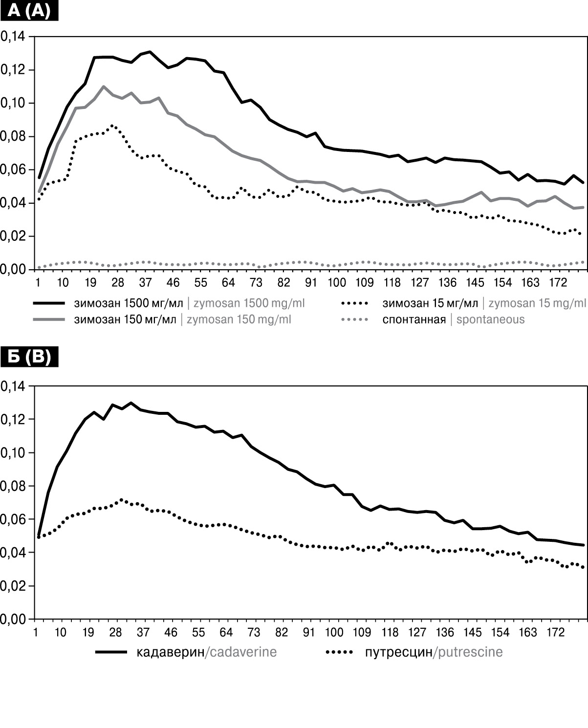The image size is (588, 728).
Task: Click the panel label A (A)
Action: click(x=29, y=10)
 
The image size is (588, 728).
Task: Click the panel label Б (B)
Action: click(x=29, y=357)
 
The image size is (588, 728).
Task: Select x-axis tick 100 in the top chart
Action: click(x=336, y=282)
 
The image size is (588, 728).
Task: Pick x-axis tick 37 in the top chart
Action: click(x=145, y=282)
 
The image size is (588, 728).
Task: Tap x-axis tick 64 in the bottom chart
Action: click(x=226, y=632)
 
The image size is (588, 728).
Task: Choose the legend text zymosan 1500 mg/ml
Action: click(x=249, y=303)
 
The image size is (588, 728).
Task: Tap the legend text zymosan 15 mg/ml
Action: click(x=537, y=303)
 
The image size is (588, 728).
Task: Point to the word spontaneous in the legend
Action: click(x=490, y=320)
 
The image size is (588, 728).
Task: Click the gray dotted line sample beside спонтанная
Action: click(x=354, y=320)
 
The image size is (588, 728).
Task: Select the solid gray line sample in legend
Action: click(x=49, y=320)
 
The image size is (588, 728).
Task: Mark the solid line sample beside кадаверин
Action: click(x=111, y=652)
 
